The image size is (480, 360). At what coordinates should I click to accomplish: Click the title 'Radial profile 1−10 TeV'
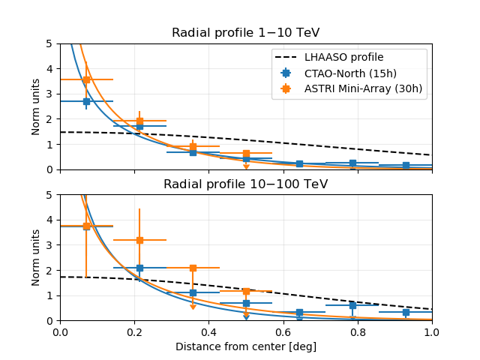[x=246, y=33]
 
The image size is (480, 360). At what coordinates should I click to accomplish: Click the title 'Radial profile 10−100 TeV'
[x=246, y=184]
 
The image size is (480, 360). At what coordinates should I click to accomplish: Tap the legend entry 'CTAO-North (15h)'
[x=349, y=73]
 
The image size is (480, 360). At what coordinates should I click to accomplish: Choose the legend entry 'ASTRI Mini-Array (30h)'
[x=363, y=88]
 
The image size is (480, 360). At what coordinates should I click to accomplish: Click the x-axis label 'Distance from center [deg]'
[x=246, y=346]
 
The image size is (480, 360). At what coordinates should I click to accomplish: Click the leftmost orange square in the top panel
[x=86, y=79]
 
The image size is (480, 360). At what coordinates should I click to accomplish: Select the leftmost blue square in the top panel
[x=86, y=101]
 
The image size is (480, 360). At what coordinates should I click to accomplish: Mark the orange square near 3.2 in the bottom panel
[x=139, y=240]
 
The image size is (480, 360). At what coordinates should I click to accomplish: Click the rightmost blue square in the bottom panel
[x=406, y=312]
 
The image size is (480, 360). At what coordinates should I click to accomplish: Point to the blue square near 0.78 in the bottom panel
[x=352, y=305]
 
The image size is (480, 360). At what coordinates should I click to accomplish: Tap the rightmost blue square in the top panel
[x=406, y=165]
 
